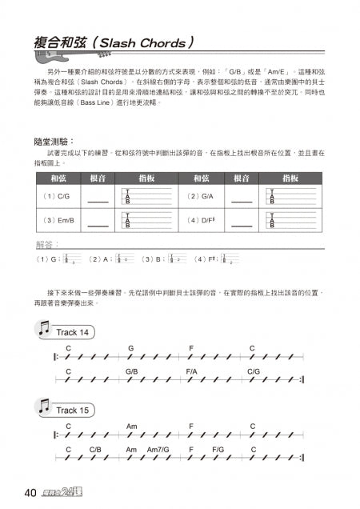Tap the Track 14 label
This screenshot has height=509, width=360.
tap(73, 331)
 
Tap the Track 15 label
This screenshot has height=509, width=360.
tap(73, 410)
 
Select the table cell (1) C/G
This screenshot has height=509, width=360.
tap(55, 196)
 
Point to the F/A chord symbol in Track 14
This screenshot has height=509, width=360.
tap(192, 371)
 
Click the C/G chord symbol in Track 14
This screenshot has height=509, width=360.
tap(254, 371)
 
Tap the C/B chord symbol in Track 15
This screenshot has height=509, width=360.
tap(95, 450)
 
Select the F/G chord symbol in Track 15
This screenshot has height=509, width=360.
tap(217, 450)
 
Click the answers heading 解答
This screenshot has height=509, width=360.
tap(47, 244)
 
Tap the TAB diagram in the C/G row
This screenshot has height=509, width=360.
tap(147, 196)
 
